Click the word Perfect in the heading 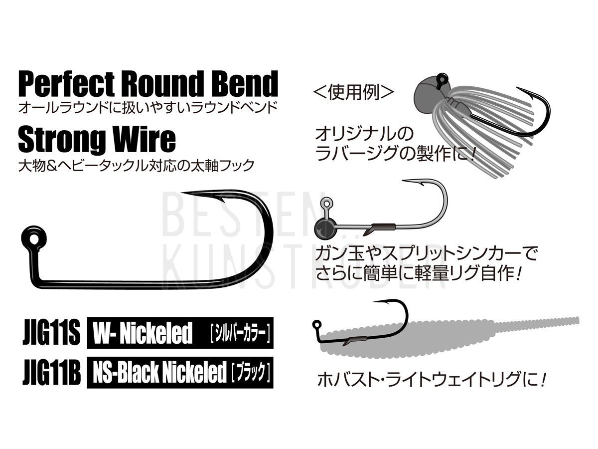(66, 83)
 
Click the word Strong (62, 142)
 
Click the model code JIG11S (51, 332)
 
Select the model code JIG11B (51, 372)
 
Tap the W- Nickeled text (142, 333)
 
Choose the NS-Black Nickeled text (159, 372)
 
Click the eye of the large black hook (34, 239)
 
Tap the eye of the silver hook (326, 204)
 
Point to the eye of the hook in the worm (317, 325)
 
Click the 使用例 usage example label (354, 93)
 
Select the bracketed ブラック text (251, 373)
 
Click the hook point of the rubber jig (517, 88)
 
